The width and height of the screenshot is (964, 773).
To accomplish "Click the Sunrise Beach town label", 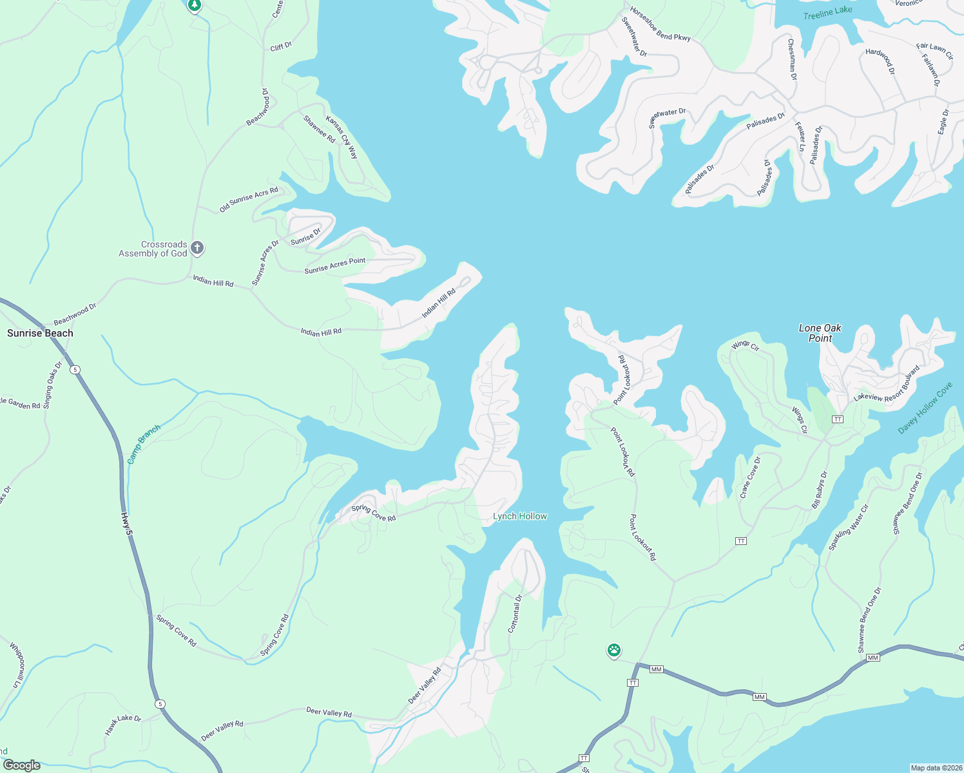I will (40, 333).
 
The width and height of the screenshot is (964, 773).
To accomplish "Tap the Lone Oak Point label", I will (820, 333).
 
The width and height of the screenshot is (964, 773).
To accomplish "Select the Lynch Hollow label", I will (519, 516).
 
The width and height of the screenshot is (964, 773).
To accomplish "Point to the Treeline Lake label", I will (827, 12).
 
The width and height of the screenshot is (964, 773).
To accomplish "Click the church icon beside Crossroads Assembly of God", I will (197, 248).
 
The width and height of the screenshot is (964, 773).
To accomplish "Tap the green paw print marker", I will (614, 651).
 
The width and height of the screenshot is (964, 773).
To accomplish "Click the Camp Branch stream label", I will (143, 444).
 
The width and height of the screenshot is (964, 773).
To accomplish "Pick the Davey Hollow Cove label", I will (925, 408).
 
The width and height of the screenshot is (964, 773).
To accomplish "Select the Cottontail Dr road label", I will (514, 613).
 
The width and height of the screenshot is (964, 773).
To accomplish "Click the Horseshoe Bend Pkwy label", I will (660, 24).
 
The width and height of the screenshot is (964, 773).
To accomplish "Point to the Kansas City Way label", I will (342, 137).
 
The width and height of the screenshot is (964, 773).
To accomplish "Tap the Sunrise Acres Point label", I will (334, 265).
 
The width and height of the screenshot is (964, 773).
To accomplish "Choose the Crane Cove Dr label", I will (750, 477).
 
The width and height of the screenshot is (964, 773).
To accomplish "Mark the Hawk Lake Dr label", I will (123, 725).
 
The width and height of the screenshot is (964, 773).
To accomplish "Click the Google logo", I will (22, 765).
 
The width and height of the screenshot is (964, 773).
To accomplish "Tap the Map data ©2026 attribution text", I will (936, 768).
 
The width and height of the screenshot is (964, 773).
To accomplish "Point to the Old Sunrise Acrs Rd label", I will (249, 200).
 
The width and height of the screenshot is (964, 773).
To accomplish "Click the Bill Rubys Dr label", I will (819, 490).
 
